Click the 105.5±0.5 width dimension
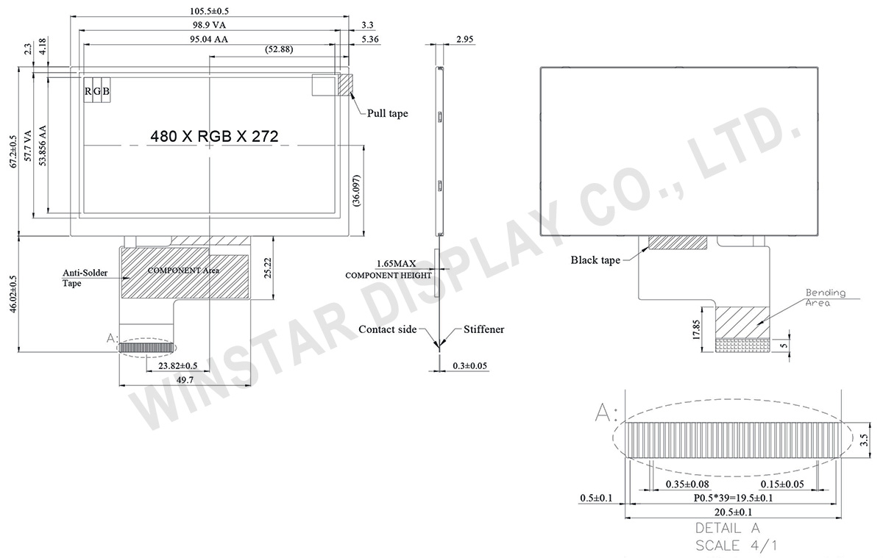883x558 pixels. click(209, 12)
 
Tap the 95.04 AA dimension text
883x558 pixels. click(209, 40)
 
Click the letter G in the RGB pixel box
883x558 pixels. click(97, 91)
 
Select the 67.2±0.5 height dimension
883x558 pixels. click(12, 152)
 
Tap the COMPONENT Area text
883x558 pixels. click(183, 271)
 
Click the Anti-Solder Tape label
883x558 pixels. click(85, 277)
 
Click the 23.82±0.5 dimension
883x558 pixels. click(173, 365)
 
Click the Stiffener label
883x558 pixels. click(484, 329)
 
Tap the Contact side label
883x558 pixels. click(388, 329)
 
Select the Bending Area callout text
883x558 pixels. click(825, 297)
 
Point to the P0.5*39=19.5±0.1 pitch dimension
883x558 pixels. click(734, 498)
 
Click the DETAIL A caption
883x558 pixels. click(727, 528)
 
